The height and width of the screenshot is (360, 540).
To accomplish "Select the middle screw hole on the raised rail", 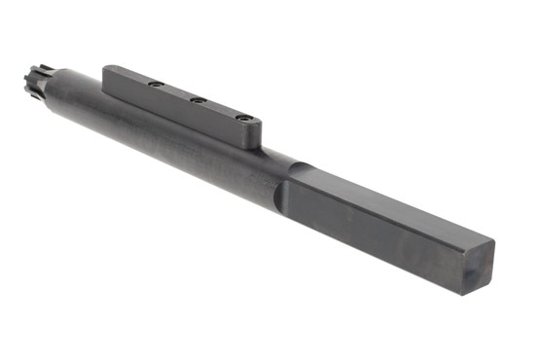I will [197, 100].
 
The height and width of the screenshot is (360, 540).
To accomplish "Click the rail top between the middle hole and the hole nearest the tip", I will [176, 92].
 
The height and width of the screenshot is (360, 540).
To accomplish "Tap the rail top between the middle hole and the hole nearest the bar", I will [219, 108].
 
